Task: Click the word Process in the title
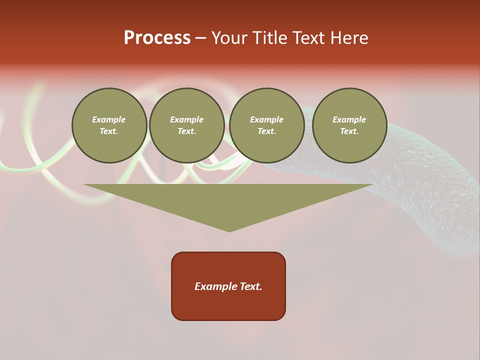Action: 157,38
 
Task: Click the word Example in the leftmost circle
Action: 109,119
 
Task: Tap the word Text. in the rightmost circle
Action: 349,131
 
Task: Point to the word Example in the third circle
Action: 266,119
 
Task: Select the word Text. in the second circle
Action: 186,131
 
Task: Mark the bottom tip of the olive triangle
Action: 229,230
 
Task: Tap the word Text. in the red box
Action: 250,286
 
